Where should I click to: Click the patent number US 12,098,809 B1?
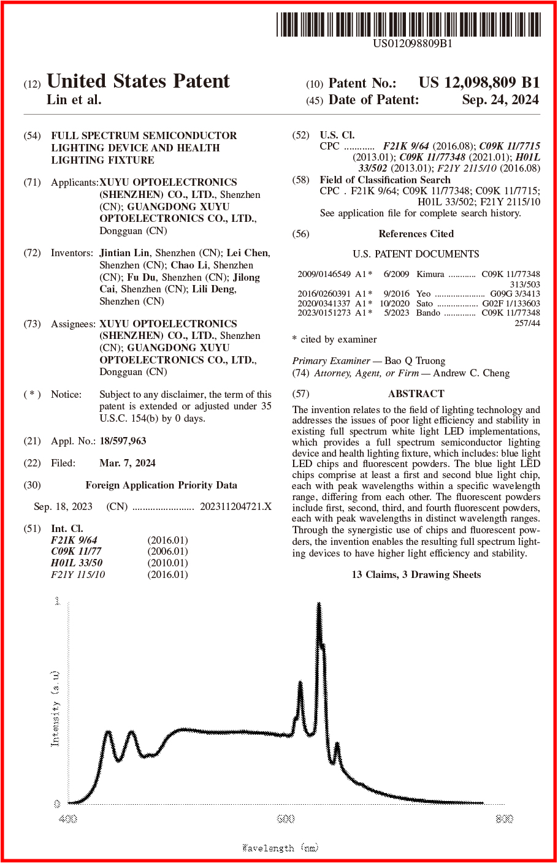479,83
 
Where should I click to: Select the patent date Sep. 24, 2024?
500,100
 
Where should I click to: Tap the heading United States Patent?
138,81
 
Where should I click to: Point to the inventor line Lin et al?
74,100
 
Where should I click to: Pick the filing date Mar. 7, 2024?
128,463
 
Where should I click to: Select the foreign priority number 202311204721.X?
235,506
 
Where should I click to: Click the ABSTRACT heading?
416,393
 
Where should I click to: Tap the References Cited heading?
416,234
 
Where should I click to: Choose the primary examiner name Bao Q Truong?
415,360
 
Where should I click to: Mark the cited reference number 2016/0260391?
324,294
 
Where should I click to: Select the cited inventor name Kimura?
430,274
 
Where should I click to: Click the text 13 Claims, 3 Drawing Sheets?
416,574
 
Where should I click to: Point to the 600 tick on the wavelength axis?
286,818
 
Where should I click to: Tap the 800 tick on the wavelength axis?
503,818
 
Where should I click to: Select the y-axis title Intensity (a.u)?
55,708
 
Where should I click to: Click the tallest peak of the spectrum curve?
319,607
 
